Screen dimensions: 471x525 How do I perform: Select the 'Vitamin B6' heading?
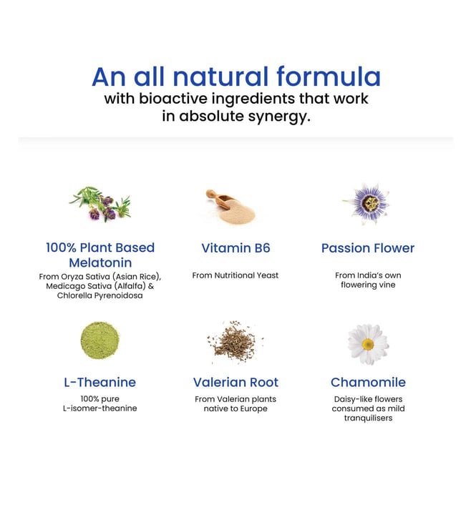pyautogui.click(x=235, y=248)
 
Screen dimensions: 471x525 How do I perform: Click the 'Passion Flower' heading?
pyautogui.click(x=368, y=248)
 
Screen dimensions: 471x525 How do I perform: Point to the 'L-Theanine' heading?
pyautogui.click(x=99, y=383)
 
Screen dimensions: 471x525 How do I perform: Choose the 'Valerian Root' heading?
pyautogui.click(x=235, y=383)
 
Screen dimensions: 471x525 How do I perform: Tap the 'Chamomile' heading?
pyautogui.click(x=368, y=383)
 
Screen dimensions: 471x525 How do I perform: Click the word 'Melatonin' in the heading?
pyautogui.click(x=100, y=262)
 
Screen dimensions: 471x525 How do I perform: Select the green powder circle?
pyautogui.click(x=99, y=340)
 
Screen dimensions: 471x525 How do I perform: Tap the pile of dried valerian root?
pyautogui.click(x=235, y=342)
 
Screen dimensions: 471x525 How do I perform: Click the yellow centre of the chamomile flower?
pyautogui.click(x=368, y=344)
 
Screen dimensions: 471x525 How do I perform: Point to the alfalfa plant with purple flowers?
pyautogui.click(x=99, y=204)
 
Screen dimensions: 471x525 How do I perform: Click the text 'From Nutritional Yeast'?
pyautogui.click(x=235, y=275)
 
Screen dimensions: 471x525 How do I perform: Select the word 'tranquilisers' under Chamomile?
pyautogui.click(x=368, y=418)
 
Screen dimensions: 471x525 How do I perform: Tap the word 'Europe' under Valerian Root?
pyautogui.click(x=254, y=409)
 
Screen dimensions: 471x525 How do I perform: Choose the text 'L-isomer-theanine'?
pyautogui.click(x=99, y=408)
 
